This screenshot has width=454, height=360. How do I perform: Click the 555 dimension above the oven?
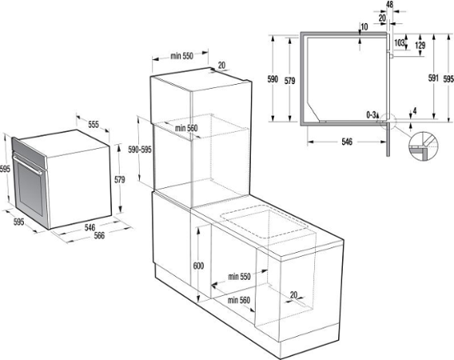(x=93, y=125)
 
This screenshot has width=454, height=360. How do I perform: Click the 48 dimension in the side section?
(x=377, y=4)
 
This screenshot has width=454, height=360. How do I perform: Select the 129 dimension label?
(x=420, y=46)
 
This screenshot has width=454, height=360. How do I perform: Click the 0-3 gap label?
(x=372, y=116)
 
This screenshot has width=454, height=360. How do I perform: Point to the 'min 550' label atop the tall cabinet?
(x=183, y=57)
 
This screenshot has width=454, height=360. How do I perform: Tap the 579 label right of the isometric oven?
(x=119, y=180)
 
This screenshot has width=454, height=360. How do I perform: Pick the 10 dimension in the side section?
(x=364, y=26)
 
